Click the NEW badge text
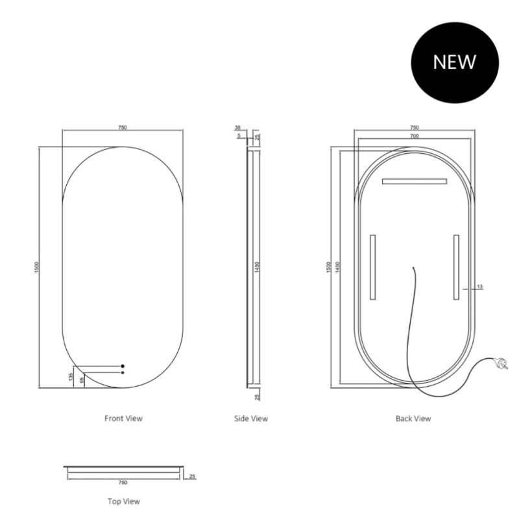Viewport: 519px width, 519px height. click(455, 62)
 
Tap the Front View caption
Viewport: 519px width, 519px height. click(123, 418)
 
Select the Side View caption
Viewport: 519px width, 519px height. click(251, 418)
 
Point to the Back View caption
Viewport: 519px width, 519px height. click(413, 418)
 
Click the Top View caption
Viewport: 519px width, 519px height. click(124, 501)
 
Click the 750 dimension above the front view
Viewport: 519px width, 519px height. click(123, 127)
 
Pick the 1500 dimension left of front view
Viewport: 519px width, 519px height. click(37, 267)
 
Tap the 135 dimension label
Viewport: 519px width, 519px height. click(71, 377)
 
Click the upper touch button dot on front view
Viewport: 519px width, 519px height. click(123, 366)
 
